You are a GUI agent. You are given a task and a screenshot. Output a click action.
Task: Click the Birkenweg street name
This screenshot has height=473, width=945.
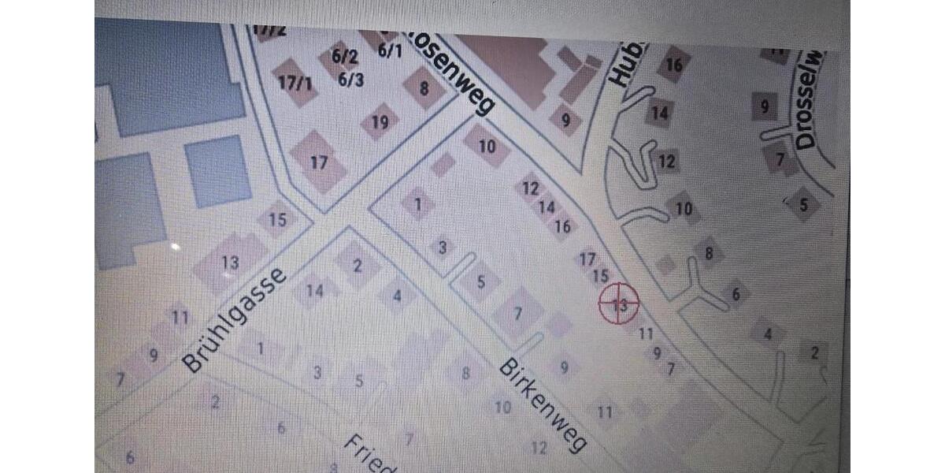pos(543,407)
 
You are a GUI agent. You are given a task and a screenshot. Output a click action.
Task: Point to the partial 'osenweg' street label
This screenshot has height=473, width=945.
pos(447,73)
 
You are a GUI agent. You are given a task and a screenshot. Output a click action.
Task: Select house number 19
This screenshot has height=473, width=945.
pos(380,122)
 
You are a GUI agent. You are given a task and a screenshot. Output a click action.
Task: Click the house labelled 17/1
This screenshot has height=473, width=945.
pos(296,82)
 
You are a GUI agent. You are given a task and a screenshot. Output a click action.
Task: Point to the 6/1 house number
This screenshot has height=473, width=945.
pos(390,50)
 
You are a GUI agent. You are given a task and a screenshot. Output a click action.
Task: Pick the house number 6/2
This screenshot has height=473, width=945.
pos(344,57)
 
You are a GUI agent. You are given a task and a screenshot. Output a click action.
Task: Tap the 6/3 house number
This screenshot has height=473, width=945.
pos(350,79)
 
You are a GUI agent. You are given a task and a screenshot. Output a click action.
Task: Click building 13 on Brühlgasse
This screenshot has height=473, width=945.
pos(230,263)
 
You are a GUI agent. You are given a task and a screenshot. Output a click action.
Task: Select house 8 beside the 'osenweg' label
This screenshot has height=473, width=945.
pos(424,88)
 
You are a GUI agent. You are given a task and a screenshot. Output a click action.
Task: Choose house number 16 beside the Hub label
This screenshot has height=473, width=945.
pos(673,65)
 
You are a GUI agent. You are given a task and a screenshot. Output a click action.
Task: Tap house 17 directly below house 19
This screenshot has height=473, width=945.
pos(318,162)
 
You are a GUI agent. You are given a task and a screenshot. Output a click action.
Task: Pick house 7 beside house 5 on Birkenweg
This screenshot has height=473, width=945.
pos(517,314)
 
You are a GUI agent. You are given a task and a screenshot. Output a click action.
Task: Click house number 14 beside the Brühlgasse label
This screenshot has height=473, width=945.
pos(315,291)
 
